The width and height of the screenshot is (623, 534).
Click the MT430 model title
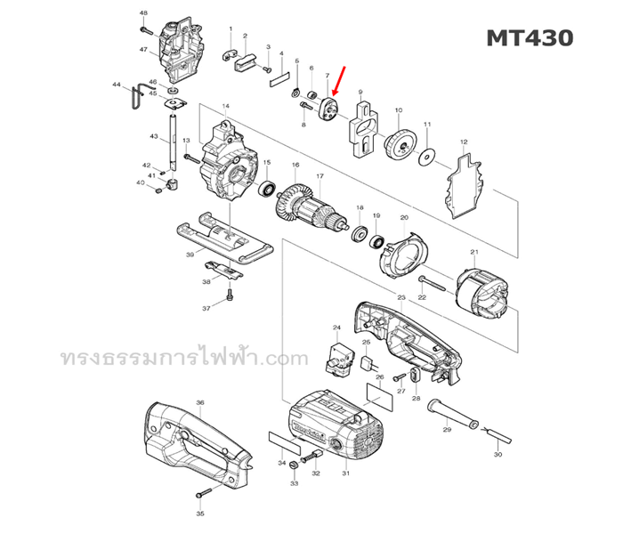(x=529, y=38)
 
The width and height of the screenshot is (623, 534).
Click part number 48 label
(x=144, y=13)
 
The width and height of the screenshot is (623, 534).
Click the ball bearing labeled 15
(x=266, y=189)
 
